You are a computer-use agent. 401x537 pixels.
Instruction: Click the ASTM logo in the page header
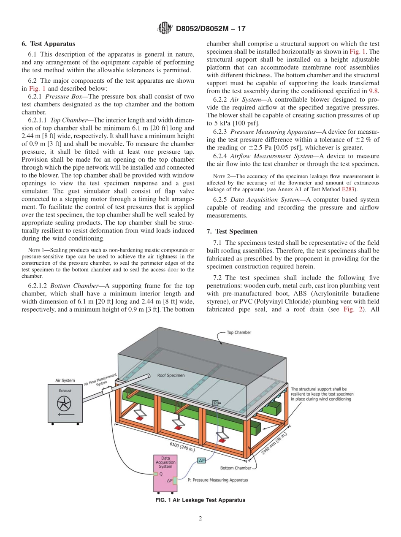click(x=165, y=28)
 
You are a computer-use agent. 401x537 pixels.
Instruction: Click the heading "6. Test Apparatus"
click(x=49, y=43)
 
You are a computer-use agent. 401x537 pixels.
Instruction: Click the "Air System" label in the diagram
click(x=65, y=380)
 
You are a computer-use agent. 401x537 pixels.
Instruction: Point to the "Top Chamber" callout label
click(x=239, y=332)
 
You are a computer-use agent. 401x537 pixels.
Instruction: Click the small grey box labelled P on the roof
click(x=215, y=403)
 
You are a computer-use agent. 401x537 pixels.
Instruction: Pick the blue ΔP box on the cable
click(x=201, y=460)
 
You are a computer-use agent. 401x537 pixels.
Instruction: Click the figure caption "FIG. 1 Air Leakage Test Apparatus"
click(x=200, y=500)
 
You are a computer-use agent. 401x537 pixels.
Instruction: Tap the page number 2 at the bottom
click(x=200, y=519)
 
